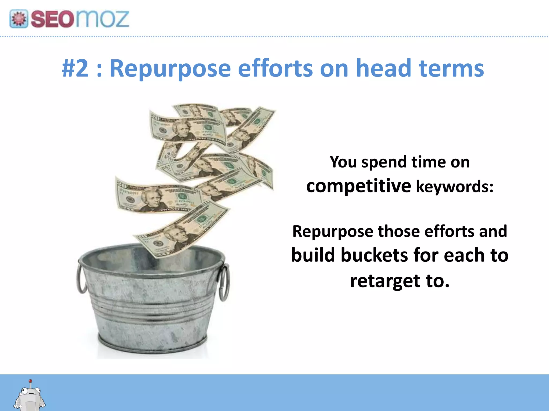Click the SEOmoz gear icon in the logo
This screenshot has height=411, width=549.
click(x=19, y=19)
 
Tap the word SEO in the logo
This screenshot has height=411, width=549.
click(x=52, y=19)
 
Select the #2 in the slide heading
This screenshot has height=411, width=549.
click(x=75, y=68)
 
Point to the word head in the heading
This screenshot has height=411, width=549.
click(x=384, y=68)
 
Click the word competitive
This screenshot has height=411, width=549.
click(x=359, y=186)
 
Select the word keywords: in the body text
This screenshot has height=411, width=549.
click(x=455, y=186)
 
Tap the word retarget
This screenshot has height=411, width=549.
click(x=385, y=281)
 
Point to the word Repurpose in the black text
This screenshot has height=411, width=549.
click(x=333, y=231)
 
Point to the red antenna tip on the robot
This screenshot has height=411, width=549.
click(x=30, y=381)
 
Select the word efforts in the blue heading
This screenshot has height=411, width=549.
click(x=275, y=68)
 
